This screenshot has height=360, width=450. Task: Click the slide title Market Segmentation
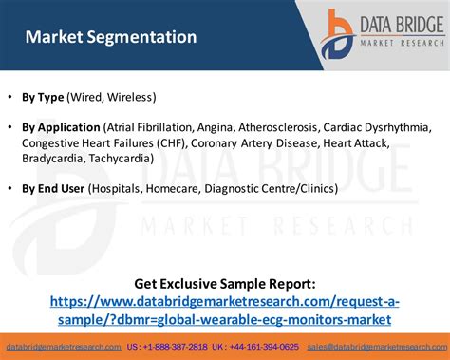(111, 38)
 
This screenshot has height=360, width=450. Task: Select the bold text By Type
(44, 97)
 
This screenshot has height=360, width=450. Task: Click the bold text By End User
(52, 188)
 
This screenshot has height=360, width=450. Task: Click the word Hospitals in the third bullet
(118, 188)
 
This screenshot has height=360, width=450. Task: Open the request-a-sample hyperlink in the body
(224, 310)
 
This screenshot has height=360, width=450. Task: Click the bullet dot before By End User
(10, 188)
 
